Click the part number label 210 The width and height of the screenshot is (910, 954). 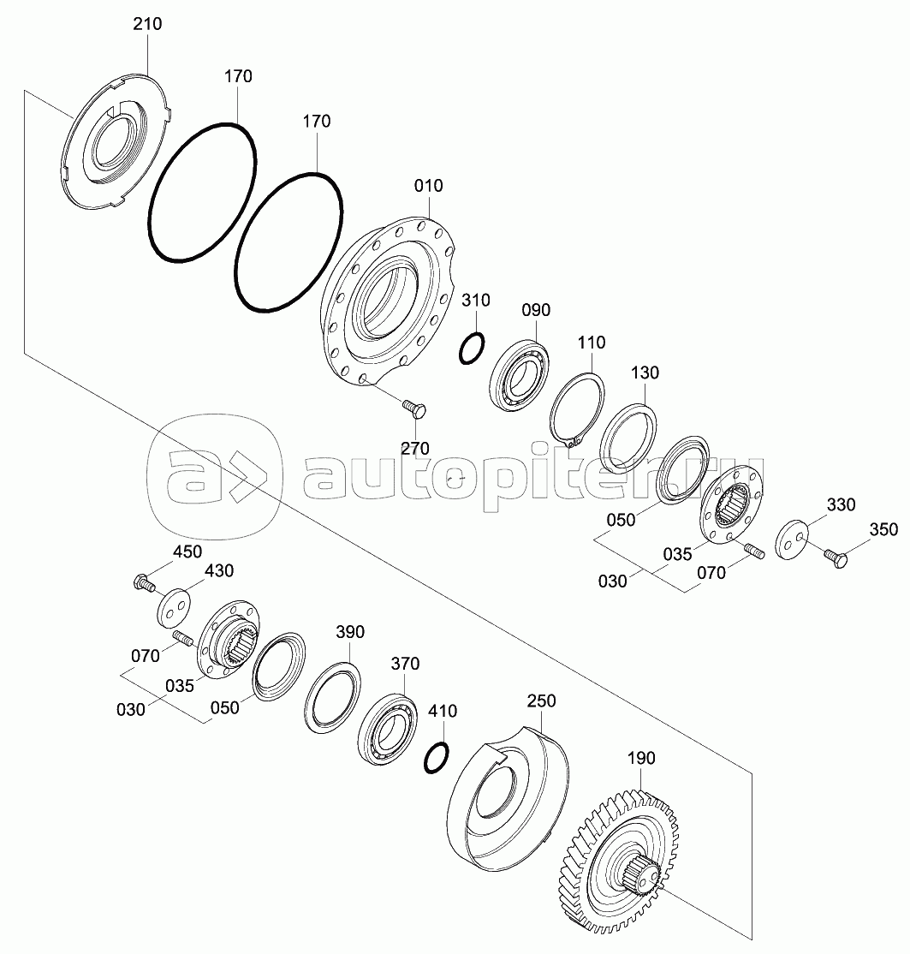coord(148,24)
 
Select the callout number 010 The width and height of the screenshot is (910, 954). coord(429,186)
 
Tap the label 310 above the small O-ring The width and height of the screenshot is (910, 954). coord(476,300)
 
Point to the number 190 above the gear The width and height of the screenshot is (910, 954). coord(641,758)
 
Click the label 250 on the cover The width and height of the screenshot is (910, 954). coord(541,701)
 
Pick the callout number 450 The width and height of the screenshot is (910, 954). coord(187,552)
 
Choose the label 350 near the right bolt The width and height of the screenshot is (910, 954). coord(883,529)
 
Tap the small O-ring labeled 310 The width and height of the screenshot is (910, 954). coord(472,349)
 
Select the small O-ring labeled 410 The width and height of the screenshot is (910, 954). coord(437,758)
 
